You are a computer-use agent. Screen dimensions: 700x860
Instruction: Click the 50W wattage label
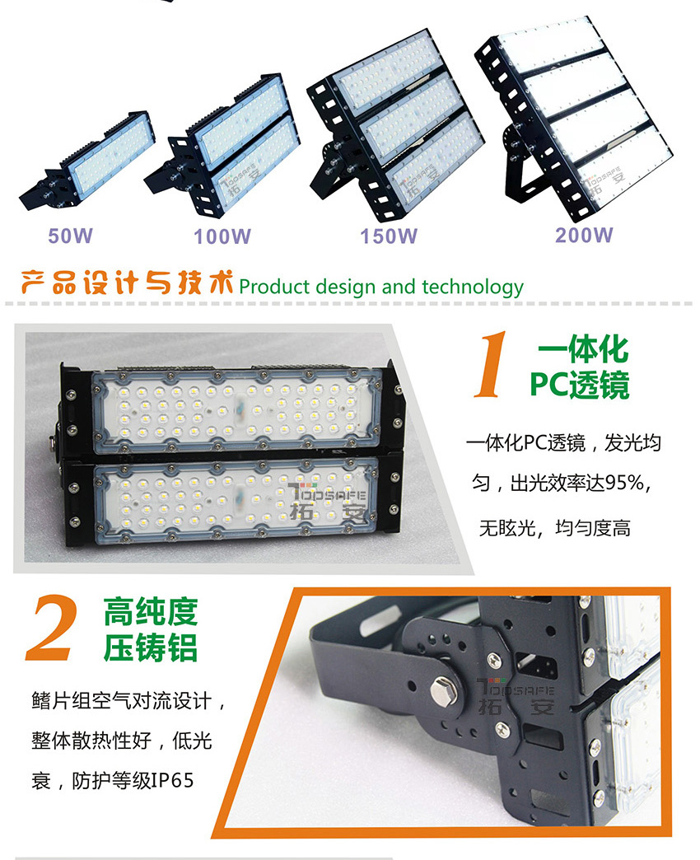(70, 236)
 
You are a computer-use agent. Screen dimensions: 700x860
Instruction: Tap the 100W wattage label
(222, 236)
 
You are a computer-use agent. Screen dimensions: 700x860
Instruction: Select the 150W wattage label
(389, 236)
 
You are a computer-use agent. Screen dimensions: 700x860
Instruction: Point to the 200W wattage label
(584, 235)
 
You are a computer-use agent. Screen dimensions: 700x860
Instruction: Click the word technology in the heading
(473, 287)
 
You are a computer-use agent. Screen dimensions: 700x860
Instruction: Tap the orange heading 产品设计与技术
(127, 283)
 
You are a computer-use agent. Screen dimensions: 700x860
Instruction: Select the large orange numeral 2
(51, 628)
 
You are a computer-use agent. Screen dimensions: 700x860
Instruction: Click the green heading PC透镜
(580, 384)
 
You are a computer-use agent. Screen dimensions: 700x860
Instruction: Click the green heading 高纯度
(150, 612)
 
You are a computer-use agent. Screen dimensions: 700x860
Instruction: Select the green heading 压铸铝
(150, 647)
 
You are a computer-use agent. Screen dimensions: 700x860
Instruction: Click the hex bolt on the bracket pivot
(441, 692)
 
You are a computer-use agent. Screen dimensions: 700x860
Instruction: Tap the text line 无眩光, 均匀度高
(555, 528)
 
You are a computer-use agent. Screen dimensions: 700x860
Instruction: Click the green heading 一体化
(583, 349)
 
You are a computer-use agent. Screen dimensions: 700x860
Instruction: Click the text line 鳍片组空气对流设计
(121, 700)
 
